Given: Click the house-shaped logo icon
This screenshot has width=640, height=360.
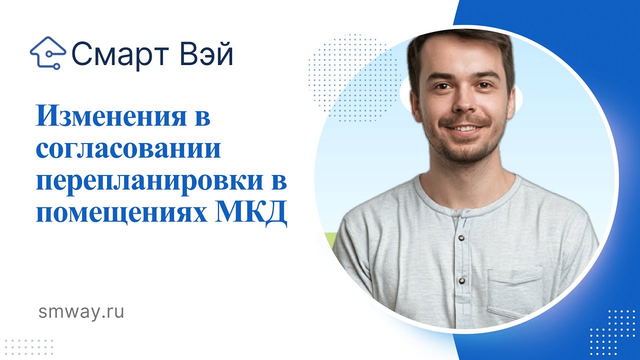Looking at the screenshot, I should [48, 52].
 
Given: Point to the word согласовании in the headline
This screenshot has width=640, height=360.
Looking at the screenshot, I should [128, 149].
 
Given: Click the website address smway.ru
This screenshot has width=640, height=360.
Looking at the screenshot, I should [81, 312].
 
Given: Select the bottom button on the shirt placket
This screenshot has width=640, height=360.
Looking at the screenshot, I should [461, 280].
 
